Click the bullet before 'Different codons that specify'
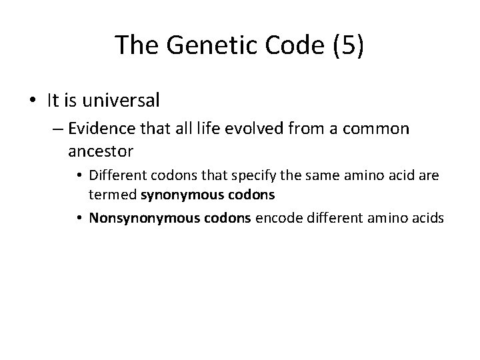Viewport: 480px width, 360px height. click(81, 177)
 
